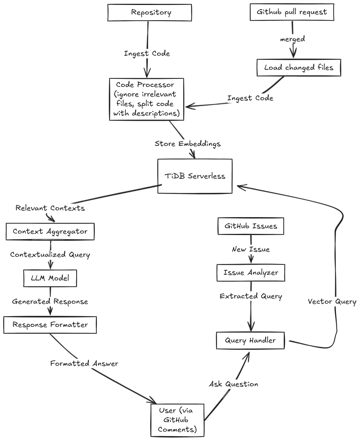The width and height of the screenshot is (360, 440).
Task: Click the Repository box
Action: click(149, 13)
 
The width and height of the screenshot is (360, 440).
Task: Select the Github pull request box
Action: click(292, 12)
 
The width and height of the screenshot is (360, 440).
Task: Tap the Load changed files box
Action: click(299, 68)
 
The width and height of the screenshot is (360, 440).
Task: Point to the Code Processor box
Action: click(146, 99)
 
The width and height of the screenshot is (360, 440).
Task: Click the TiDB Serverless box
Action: click(195, 176)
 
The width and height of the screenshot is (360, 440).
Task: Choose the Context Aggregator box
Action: click(50, 232)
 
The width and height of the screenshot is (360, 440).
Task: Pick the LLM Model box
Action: click(50, 278)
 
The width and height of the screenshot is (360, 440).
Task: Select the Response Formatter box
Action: click(50, 325)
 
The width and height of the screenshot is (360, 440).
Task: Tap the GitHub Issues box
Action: click(251, 226)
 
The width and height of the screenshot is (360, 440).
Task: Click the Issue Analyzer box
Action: click(251, 273)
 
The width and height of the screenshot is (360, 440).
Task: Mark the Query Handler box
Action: click(250, 341)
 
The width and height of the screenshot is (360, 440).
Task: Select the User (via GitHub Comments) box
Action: click(177, 420)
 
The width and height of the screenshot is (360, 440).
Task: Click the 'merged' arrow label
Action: click(292, 39)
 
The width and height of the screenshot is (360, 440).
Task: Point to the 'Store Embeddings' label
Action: click(188, 144)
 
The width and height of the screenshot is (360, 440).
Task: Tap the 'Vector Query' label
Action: click(332, 302)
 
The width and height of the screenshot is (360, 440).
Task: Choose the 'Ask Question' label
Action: click(233, 384)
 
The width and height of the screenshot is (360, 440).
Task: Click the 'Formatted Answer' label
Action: click(84, 364)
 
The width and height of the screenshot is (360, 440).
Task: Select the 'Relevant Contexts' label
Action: click(50, 208)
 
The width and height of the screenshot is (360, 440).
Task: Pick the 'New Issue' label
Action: click(251, 250)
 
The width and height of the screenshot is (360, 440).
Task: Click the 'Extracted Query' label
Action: click(251, 296)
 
